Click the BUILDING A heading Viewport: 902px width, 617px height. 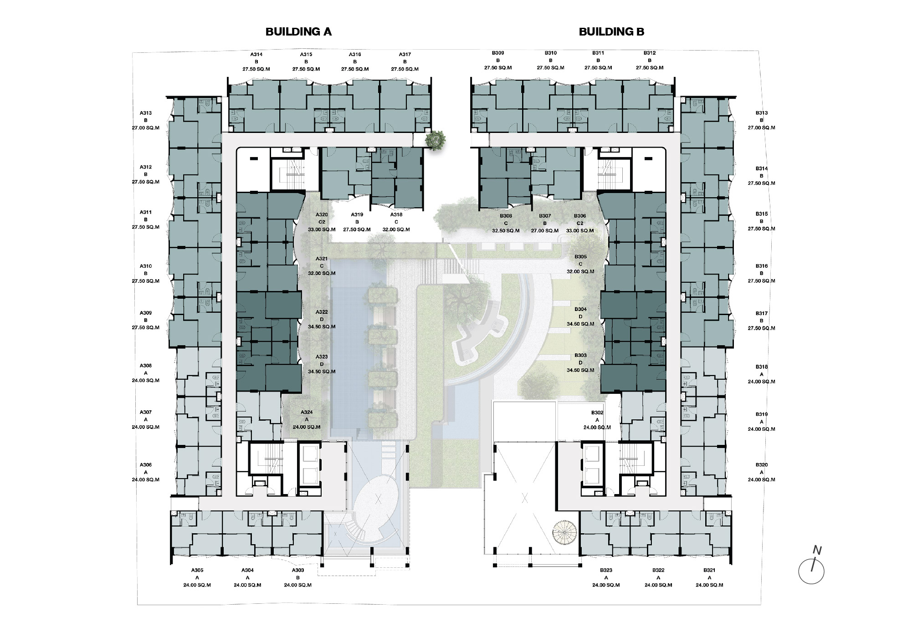click(x=298, y=31)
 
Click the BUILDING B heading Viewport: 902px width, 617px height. click(x=611, y=31)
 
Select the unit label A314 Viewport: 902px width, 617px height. click(x=256, y=55)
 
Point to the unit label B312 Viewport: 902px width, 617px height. click(x=650, y=53)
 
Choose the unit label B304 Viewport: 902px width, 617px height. click(x=580, y=310)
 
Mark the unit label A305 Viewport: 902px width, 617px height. click(x=197, y=570)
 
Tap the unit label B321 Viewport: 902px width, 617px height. click(x=709, y=570)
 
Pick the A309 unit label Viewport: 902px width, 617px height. click(x=146, y=313)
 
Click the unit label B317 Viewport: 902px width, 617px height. click(x=761, y=313)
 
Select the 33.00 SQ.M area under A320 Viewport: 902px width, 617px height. click(x=322, y=229)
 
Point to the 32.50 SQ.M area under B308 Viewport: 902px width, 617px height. click(x=506, y=230)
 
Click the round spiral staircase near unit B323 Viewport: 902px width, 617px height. click(x=564, y=532)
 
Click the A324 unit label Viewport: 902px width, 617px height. click(x=307, y=413)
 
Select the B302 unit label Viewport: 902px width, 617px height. click(x=597, y=413)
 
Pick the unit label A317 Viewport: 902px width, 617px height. click(x=405, y=55)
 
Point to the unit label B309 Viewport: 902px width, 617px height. click(x=498, y=53)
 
